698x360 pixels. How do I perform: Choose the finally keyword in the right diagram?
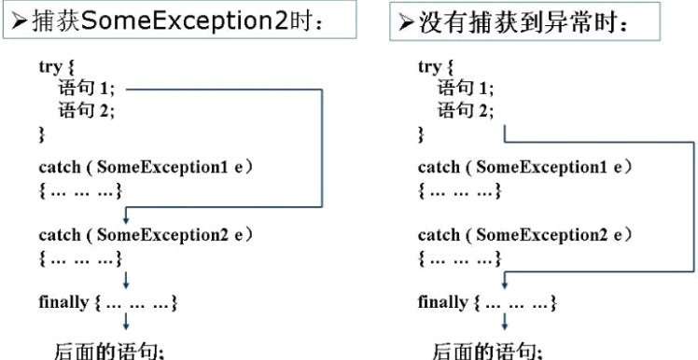(x=442, y=303)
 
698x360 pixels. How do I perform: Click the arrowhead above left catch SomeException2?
(x=124, y=216)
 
